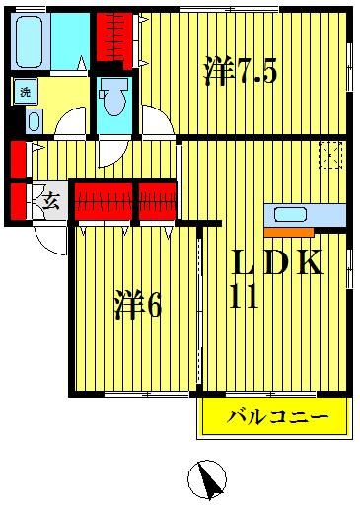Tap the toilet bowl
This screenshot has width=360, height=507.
click(114, 99)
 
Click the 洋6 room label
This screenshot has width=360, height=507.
click(137, 304)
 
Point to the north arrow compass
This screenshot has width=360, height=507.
click(208, 480)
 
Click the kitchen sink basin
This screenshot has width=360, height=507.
click(290, 214)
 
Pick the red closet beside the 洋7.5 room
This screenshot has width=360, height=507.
click(114, 38)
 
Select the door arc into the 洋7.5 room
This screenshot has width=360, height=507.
click(152, 122)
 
